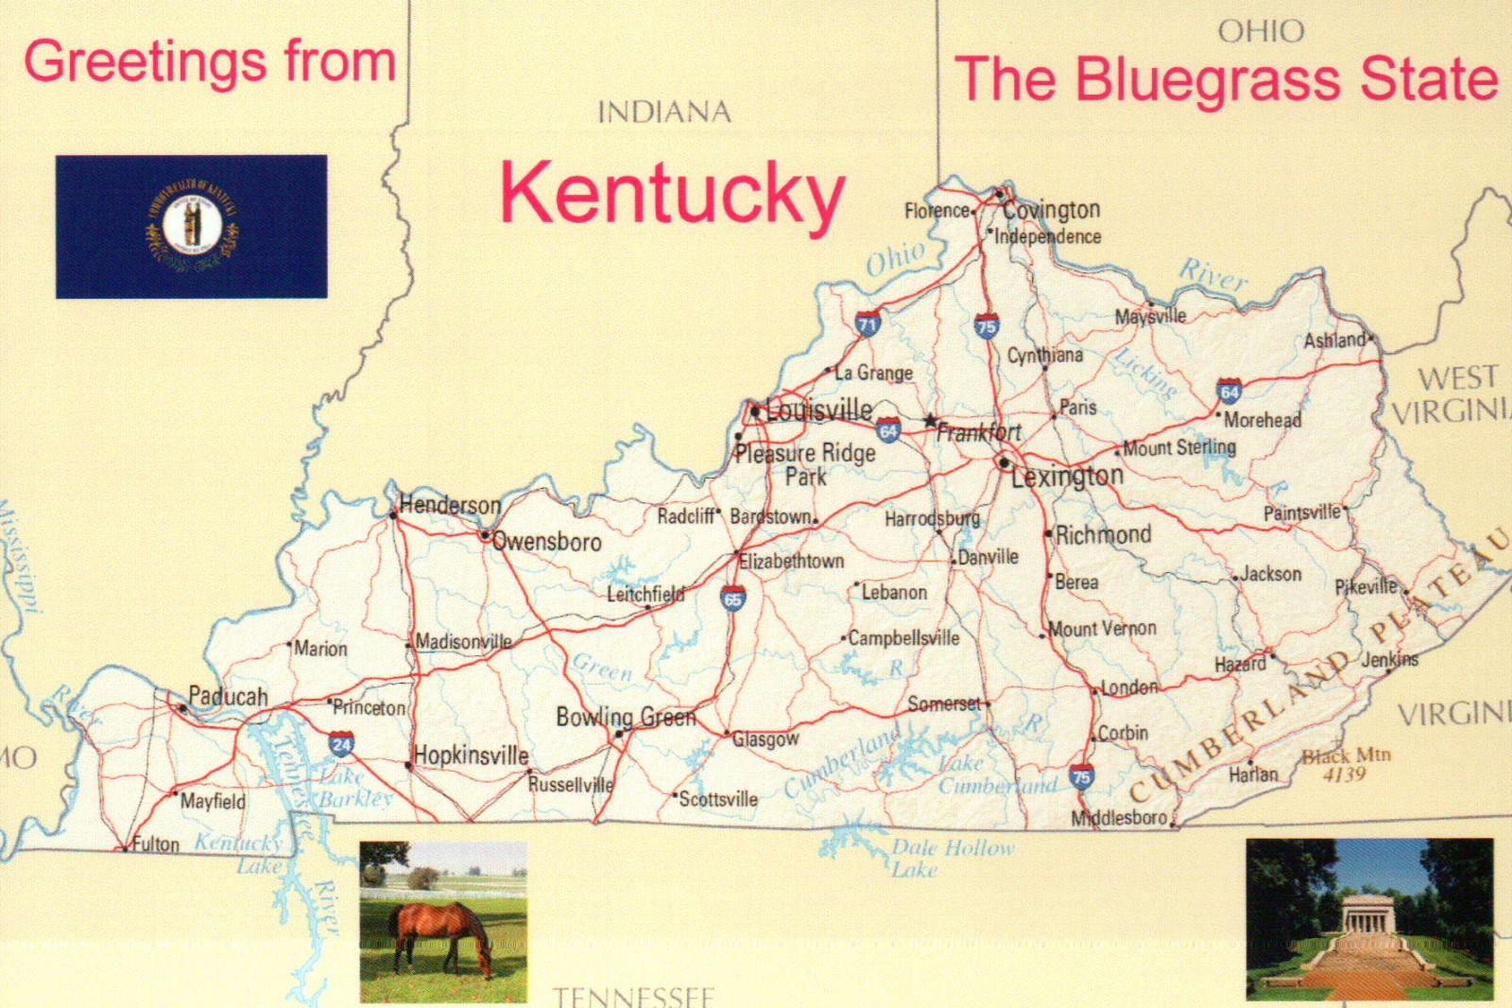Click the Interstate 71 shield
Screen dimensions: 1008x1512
click(x=868, y=324)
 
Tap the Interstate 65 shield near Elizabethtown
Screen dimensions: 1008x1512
click(x=732, y=598)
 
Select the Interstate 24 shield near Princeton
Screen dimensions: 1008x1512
click(x=342, y=744)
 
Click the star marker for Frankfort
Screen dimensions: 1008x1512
click(x=932, y=420)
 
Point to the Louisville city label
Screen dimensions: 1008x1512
click(x=819, y=410)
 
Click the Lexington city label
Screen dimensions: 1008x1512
click(x=1067, y=476)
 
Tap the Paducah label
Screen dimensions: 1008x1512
click(x=228, y=697)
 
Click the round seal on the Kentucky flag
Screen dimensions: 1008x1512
click(x=192, y=226)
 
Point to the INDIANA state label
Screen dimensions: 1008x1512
click(x=664, y=113)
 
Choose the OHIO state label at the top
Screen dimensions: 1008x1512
click(x=1261, y=32)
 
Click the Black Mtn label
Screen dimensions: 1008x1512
click(x=1346, y=756)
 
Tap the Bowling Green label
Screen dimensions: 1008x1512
click(x=626, y=718)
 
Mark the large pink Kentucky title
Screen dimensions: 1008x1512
click(x=672, y=192)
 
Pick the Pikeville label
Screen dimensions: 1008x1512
click(x=1366, y=587)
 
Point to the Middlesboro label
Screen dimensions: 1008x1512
click(x=1119, y=817)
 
